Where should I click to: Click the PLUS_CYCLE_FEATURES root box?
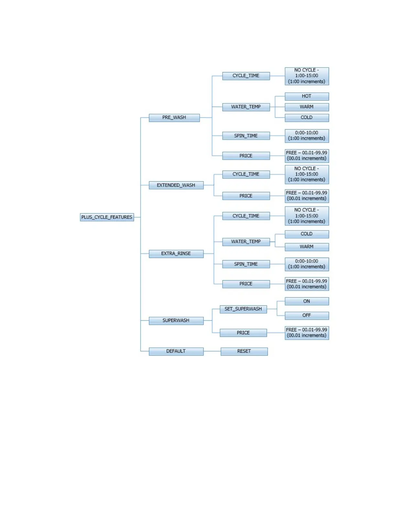point(107,217)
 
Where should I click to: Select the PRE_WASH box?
point(174,118)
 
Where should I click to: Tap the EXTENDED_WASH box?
point(176,185)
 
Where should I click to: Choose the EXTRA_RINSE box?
point(176,254)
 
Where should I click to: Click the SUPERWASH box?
point(176,321)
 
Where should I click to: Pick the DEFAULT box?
point(176,351)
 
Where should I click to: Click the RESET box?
point(244,351)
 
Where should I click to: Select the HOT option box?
point(307,96)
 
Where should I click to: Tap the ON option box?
point(307,301)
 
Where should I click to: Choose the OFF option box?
point(307,315)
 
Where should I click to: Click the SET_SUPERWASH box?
point(243,309)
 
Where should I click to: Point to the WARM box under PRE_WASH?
point(307,107)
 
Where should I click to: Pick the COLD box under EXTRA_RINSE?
point(307,234)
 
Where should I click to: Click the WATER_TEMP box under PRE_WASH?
point(246,107)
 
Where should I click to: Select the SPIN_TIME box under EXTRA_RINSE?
point(246,264)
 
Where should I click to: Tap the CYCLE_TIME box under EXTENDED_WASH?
point(246,174)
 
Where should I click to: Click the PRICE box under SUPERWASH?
point(243,333)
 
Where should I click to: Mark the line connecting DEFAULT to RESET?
point(212,351)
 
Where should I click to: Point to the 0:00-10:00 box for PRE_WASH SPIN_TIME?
point(307,136)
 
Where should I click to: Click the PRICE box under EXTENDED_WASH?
point(246,196)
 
